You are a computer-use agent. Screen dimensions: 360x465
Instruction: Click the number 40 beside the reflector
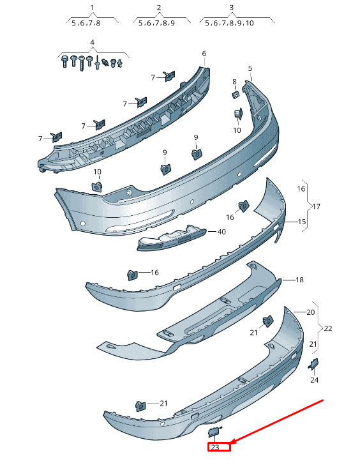221,232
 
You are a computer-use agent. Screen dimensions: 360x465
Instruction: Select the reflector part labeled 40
171,238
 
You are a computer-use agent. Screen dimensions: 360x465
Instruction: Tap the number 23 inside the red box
215,447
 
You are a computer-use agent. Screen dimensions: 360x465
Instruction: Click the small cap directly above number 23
214,432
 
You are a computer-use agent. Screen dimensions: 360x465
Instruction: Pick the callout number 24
315,380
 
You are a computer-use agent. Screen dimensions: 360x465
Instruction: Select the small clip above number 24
313,363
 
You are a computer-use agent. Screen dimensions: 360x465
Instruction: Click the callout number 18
299,280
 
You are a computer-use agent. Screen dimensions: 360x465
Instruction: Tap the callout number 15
302,221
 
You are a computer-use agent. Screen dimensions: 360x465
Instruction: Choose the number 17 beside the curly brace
316,206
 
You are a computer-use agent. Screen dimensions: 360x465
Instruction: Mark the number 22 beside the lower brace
328,328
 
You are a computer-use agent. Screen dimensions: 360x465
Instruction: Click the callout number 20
310,312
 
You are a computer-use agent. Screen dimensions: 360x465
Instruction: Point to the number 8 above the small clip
234,82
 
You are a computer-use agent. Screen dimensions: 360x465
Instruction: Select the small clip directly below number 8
236,95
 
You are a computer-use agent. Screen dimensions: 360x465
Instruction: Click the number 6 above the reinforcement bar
204,54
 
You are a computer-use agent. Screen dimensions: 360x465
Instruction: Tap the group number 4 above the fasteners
92,42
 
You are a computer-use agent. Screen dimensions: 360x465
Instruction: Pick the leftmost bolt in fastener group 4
65,62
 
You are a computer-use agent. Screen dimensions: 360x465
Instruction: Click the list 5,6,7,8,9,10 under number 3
229,23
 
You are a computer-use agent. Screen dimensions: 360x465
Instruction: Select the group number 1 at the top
92,8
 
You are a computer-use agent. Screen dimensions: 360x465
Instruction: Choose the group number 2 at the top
158,8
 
